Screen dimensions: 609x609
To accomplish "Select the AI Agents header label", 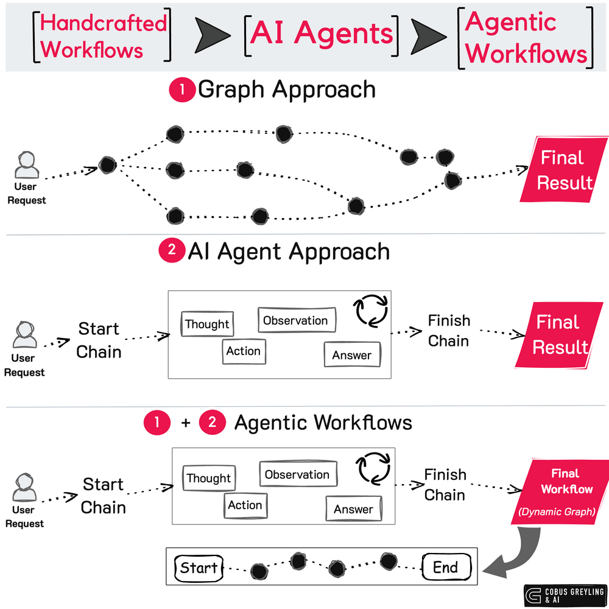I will point(322,34).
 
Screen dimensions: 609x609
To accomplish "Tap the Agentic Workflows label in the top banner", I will point(525,37).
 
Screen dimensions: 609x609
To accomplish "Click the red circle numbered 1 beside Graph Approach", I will point(181,91).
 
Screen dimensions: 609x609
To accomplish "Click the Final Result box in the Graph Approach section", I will point(557,171).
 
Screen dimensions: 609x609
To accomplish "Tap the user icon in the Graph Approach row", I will point(26,166).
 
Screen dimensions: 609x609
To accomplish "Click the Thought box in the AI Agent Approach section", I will point(207,324).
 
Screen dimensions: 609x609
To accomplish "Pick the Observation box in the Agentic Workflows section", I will point(297,474).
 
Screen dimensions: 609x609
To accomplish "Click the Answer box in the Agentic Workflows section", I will point(353,509).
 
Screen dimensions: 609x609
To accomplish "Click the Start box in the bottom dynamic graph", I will point(199,568).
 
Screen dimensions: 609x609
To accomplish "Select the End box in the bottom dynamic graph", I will point(446,568).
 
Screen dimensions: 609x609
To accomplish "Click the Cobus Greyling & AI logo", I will point(564,596).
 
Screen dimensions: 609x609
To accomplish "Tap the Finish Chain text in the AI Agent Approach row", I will point(448,331).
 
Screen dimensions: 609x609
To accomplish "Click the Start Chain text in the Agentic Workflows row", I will point(103,496).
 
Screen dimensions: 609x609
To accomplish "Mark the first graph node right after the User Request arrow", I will point(108,165).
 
